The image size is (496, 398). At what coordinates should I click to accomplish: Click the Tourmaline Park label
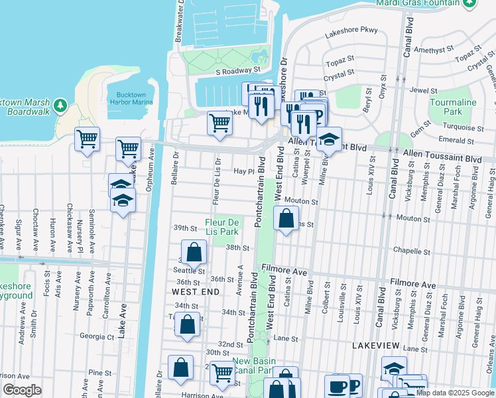(x=453, y=107)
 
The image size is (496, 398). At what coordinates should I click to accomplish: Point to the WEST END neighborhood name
(x=192, y=291)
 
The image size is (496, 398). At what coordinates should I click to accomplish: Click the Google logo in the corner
(x=23, y=390)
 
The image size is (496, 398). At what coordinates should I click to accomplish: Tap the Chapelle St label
(x=412, y=251)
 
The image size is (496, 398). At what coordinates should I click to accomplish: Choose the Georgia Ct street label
(x=96, y=336)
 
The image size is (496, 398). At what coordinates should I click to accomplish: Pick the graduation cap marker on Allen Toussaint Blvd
(x=328, y=140)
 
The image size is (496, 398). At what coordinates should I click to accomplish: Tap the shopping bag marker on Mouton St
(x=286, y=218)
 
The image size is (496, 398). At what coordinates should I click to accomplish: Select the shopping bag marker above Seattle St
(x=193, y=253)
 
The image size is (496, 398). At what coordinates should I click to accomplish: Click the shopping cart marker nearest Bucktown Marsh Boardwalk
(x=87, y=139)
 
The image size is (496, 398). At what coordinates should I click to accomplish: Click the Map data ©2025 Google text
(x=454, y=393)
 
